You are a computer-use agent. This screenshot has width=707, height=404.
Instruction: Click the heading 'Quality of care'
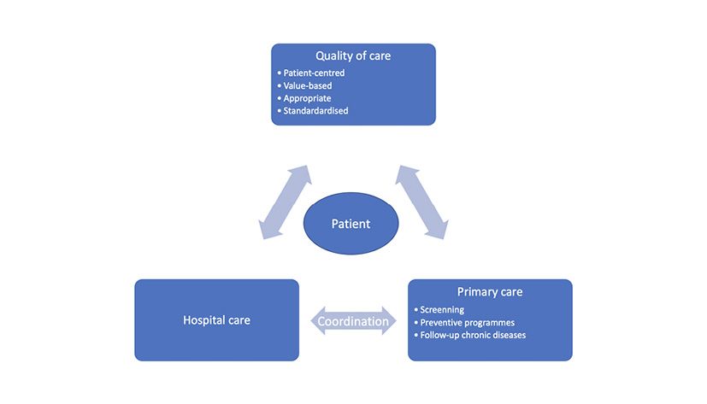pos(352,56)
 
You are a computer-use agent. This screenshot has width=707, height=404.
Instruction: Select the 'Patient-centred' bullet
pos(312,73)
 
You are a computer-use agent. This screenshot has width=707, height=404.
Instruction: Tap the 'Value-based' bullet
pos(306,85)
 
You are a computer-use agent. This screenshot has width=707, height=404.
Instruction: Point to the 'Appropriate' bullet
pos(306,98)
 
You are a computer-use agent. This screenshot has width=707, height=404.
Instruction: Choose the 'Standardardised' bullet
pos(315,111)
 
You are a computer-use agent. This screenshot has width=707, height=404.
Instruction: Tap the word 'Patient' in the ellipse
pos(351,224)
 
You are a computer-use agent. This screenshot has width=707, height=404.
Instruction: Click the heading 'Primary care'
pos(490,292)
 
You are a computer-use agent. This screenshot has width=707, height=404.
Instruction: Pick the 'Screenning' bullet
pos(442,309)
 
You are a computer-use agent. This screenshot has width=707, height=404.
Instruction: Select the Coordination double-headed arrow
pos(353,322)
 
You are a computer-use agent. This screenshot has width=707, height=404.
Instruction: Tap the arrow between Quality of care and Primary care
pos(422,202)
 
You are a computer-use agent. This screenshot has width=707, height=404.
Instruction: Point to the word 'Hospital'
pos(203,321)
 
